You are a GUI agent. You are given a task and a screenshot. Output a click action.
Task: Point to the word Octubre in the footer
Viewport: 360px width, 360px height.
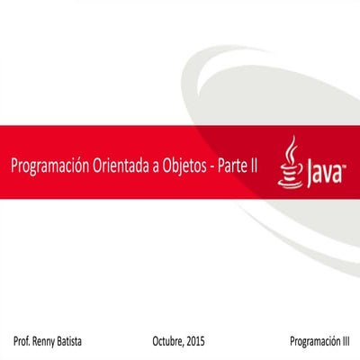point(168,343)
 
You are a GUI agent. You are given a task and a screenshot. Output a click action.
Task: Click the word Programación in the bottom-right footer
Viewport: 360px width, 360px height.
point(315,343)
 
